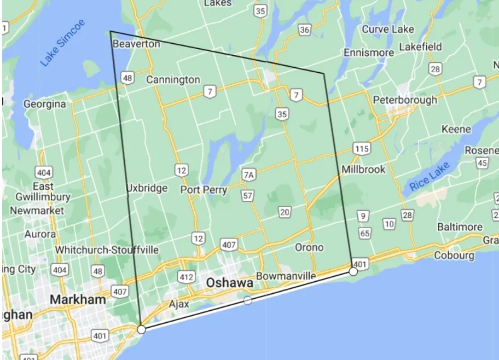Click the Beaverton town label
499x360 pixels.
coord(136,44)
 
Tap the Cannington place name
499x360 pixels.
coord(173,80)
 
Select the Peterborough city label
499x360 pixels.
coord(405,100)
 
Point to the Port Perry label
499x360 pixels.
coord(204,190)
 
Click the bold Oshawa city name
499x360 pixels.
coord(230,283)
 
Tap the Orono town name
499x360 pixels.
coord(309,247)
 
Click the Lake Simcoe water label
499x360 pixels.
coord(63,50)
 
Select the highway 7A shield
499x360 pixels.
coord(249,175)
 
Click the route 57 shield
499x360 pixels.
coord(247,195)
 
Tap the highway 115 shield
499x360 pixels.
coord(362,149)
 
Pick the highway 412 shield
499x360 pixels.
coord(186,277)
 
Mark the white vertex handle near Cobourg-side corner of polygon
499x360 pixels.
coord(353,271)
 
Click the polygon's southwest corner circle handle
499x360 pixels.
coord(141,329)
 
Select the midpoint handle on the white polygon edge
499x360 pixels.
coord(248,300)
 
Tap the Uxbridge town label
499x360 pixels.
coord(147,188)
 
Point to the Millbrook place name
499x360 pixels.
coord(363,170)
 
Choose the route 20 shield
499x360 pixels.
coord(284,212)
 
